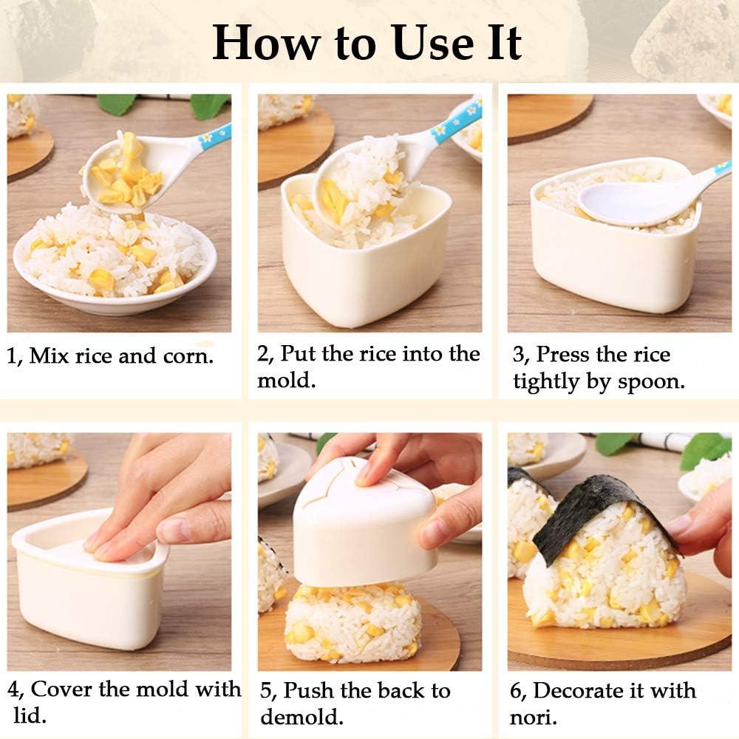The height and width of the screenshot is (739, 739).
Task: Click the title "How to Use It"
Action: tap(367, 43)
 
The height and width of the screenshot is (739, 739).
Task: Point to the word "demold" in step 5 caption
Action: tap(302, 717)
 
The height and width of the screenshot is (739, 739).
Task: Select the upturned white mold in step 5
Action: tap(362, 528)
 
